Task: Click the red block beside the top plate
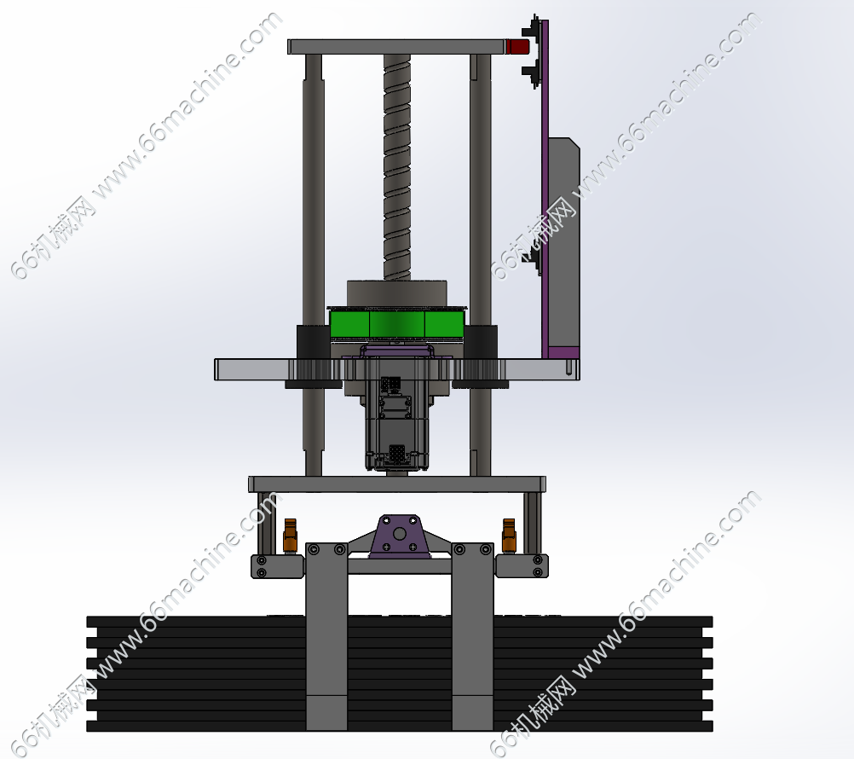517,46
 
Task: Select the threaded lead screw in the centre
397,167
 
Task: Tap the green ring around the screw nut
397,324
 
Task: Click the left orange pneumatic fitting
290,535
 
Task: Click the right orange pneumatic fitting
509,535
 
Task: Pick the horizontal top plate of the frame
396,47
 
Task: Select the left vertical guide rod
313,264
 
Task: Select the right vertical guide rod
481,264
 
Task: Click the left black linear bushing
313,356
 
